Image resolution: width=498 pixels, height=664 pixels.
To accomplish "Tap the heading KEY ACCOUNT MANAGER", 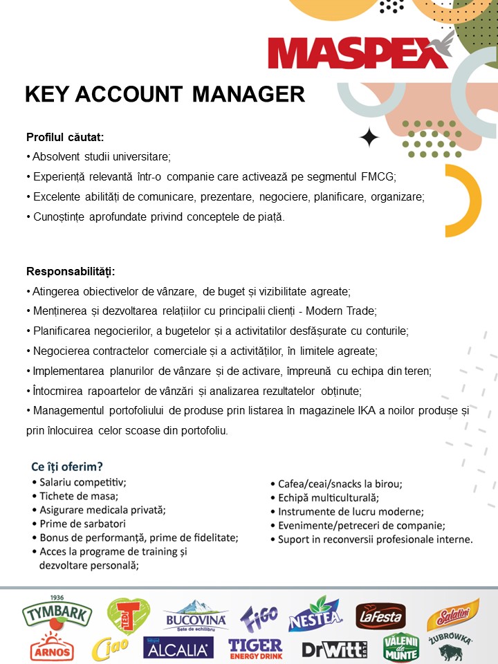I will click(165, 94).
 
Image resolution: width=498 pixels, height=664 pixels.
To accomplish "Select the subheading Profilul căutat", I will click(65, 137).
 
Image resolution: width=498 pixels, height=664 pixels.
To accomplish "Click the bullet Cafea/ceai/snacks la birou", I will click(340, 483).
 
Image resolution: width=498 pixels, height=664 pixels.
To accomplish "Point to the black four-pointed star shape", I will click(369, 138).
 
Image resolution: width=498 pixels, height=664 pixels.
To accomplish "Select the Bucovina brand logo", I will click(194, 615).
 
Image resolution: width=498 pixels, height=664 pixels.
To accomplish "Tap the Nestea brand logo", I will click(315, 614).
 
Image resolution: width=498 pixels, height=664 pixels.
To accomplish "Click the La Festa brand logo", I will click(380, 615).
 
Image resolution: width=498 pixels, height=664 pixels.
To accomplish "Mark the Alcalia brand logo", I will click(178, 649).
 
